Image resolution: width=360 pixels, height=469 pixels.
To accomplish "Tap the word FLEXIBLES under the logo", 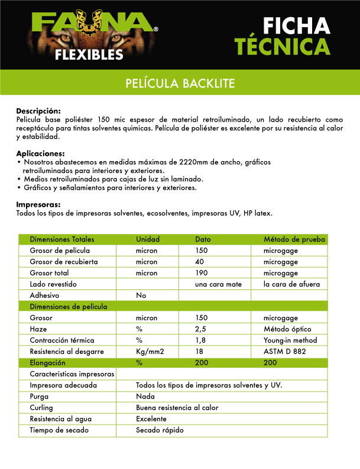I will click(x=89, y=56).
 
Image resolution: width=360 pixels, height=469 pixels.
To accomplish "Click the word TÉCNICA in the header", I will click(x=282, y=47).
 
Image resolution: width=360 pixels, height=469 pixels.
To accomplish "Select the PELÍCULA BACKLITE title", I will click(x=180, y=83).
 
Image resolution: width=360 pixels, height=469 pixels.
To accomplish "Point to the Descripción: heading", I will click(x=38, y=111).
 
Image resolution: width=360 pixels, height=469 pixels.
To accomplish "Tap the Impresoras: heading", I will click(x=38, y=205).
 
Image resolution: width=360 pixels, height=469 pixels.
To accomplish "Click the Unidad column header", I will click(x=148, y=239).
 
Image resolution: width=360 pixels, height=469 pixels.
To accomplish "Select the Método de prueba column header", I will click(x=294, y=239).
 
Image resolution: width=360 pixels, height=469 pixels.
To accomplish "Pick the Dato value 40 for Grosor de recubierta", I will click(x=200, y=262).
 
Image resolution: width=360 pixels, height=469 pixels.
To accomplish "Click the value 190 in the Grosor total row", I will click(x=202, y=273).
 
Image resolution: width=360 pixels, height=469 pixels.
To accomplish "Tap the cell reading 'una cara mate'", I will click(x=218, y=284).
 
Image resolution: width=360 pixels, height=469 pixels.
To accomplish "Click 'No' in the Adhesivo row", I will click(x=141, y=295).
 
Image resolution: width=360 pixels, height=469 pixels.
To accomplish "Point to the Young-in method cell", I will click(x=290, y=340).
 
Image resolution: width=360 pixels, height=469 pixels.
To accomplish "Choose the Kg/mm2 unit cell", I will click(x=149, y=351).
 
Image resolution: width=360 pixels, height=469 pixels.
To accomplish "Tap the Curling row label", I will click(x=41, y=408).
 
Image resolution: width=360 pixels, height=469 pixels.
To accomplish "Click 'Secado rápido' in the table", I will click(x=160, y=430).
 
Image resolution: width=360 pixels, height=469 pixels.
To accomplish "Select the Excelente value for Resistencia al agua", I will click(x=151, y=419).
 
